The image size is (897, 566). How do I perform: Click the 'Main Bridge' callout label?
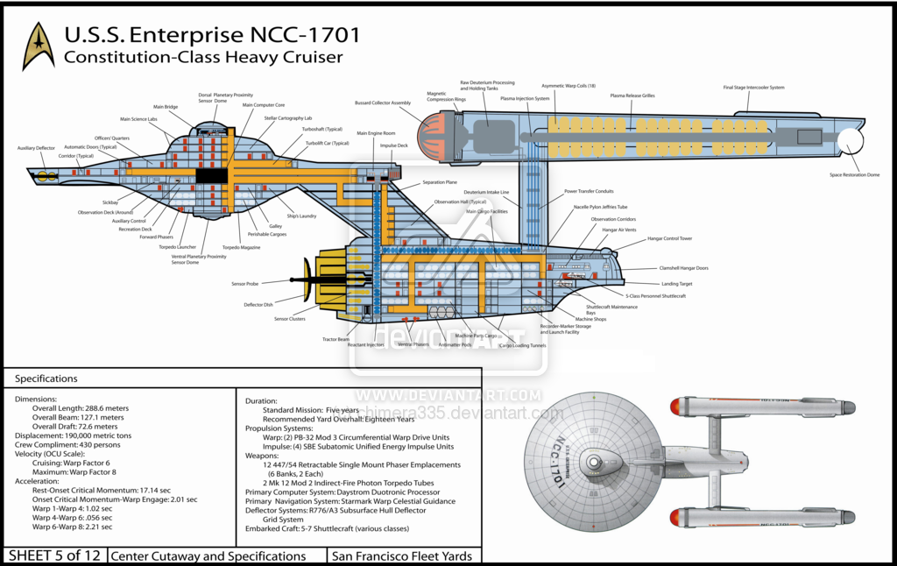[x=166, y=107]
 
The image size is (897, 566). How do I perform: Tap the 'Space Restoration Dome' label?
[x=854, y=174]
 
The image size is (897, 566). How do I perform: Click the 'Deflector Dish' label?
[x=259, y=305]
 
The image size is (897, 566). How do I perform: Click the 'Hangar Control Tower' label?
[x=669, y=238]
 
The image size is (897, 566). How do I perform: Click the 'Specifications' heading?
[x=46, y=379]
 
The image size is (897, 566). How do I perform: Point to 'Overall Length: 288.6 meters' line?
[x=81, y=408]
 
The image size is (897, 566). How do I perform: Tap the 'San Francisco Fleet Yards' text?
[x=402, y=555]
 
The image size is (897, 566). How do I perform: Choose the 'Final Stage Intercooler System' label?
[x=752, y=88]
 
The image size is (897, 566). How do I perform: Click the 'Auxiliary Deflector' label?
[x=36, y=148]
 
